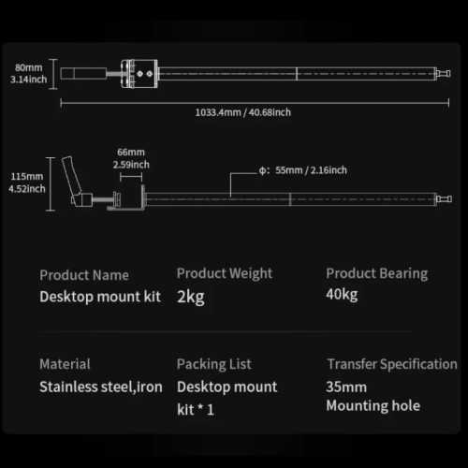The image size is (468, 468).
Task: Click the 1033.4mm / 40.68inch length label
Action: pyautogui.click(x=243, y=112)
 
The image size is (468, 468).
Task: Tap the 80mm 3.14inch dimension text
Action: pyautogui.click(x=29, y=73)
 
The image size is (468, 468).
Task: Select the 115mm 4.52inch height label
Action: pyautogui.click(x=27, y=183)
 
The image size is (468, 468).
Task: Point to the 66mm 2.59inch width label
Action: pyautogui.click(x=131, y=158)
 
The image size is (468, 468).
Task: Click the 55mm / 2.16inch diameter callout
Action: pyautogui.click(x=302, y=170)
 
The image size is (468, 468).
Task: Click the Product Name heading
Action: pyautogui.click(x=84, y=275)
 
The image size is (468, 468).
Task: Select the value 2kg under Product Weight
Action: pyautogui.click(x=191, y=297)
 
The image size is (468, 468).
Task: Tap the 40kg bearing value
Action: pyautogui.click(x=342, y=294)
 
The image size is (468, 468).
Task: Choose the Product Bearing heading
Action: pyautogui.click(x=377, y=273)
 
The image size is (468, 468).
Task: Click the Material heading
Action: pyautogui.click(x=65, y=364)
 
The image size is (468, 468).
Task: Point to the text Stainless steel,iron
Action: pyautogui.click(x=101, y=387)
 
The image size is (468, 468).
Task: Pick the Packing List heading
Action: pyautogui.click(x=214, y=364)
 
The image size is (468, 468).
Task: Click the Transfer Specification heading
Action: pyautogui.click(x=392, y=364)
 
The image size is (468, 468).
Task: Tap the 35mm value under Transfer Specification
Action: pyautogui.click(x=346, y=387)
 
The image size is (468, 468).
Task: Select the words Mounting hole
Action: pyautogui.click(x=373, y=406)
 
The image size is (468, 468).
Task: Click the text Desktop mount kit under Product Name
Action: pyautogui.click(x=100, y=297)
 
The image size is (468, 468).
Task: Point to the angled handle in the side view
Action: pyautogui.click(x=72, y=176)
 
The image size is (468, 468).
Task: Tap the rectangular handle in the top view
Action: pyautogui.click(x=83, y=74)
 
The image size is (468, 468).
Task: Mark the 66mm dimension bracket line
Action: pyautogui.click(x=131, y=177)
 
